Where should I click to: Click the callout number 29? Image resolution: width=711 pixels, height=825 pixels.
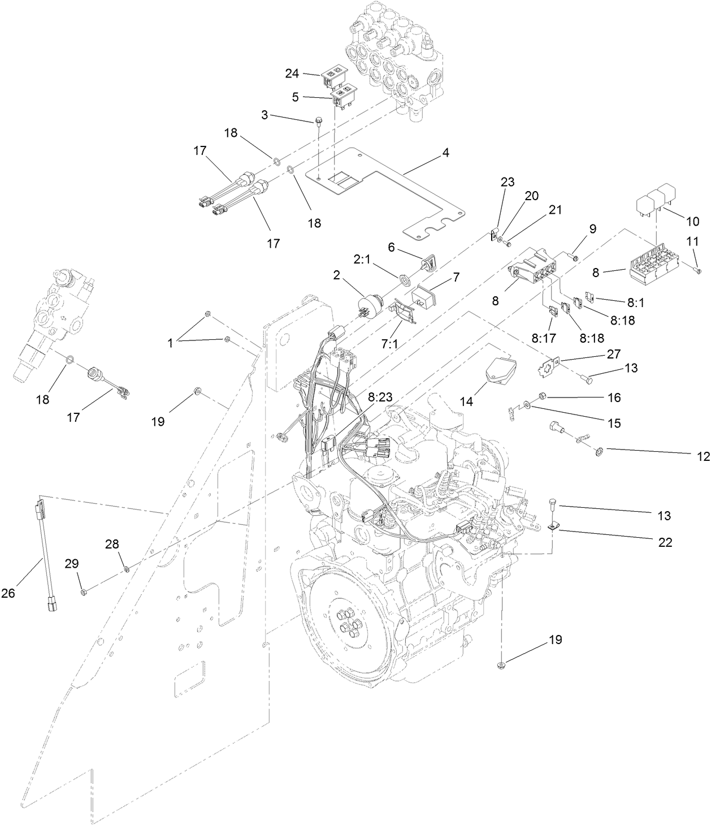(x=72, y=564)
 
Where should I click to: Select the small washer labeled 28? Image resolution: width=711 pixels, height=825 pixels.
(x=127, y=568)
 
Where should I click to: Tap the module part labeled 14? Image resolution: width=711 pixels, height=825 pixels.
(x=500, y=369)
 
